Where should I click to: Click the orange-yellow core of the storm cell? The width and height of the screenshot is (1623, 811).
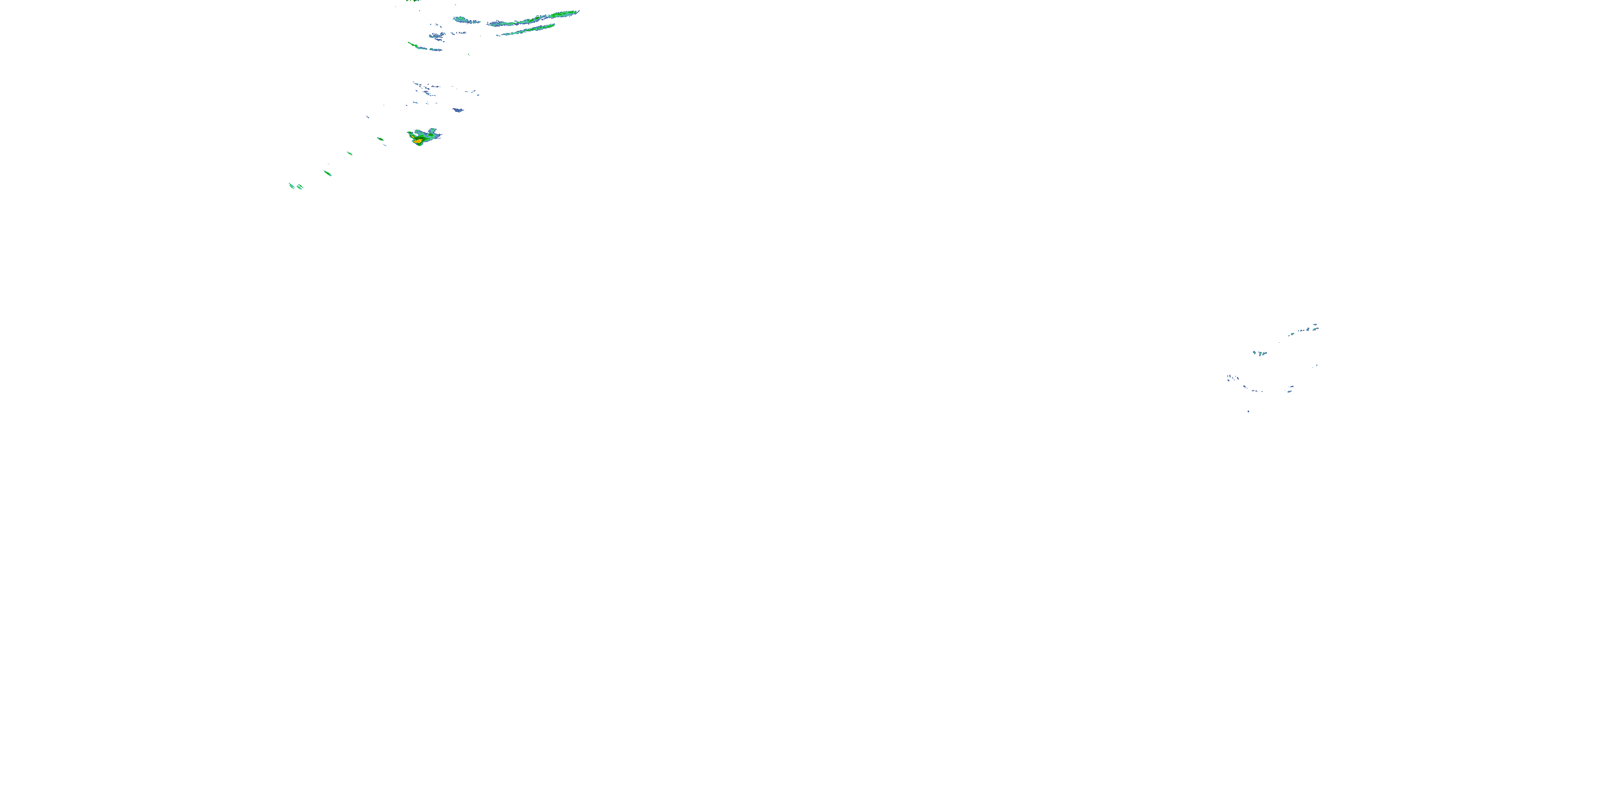click(418, 142)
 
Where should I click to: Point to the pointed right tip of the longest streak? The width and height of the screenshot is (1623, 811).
click(578, 11)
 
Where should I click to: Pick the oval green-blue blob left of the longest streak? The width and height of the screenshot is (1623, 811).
click(467, 21)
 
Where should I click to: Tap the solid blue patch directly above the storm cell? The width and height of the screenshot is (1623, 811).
click(458, 110)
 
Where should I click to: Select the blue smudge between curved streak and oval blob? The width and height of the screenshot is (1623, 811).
click(437, 36)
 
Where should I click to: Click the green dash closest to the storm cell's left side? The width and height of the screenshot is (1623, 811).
click(380, 139)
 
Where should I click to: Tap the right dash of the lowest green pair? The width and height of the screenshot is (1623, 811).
click(300, 187)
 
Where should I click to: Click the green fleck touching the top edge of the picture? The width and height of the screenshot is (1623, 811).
click(414, 1)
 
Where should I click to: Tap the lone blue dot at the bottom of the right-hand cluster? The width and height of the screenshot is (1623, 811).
click(1248, 411)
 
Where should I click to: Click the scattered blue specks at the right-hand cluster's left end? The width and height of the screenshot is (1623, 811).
click(1233, 378)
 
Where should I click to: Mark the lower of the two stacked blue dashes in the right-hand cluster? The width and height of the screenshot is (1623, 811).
click(1289, 391)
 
